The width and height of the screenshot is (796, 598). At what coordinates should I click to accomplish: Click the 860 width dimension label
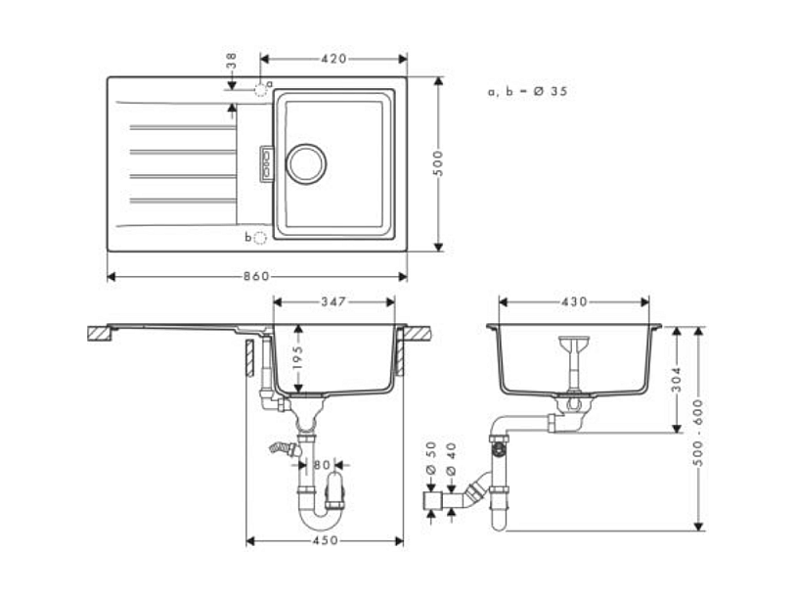click(256, 277)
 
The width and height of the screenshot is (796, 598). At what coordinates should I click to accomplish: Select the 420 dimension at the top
click(333, 59)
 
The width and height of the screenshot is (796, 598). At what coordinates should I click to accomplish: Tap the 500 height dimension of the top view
click(439, 162)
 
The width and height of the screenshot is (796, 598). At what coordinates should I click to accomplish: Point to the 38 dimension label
click(232, 62)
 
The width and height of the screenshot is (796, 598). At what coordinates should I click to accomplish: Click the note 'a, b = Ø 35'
click(527, 91)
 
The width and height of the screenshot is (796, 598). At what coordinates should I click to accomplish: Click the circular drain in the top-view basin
click(306, 162)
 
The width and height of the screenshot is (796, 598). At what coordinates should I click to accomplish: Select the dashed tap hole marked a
click(261, 89)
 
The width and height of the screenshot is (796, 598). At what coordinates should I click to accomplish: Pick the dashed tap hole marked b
click(260, 237)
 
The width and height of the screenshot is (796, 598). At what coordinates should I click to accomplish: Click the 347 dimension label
click(333, 302)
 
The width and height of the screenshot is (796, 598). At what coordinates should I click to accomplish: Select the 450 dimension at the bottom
click(325, 540)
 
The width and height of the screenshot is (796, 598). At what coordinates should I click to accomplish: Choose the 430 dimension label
click(574, 302)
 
